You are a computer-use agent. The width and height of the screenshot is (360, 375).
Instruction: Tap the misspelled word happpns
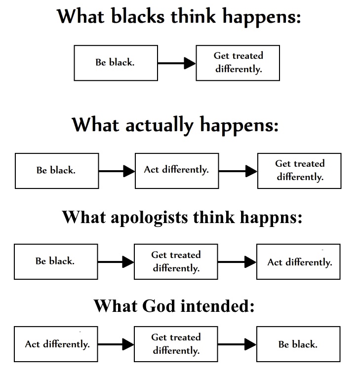click(271, 217)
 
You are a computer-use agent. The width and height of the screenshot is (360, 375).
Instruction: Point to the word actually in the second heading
click(158, 125)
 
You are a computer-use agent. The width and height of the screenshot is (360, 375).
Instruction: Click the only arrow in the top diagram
click(177, 63)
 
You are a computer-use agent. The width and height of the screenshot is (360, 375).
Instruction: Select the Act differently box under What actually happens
click(176, 170)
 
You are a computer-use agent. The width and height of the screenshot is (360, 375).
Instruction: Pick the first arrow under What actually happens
click(117, 171)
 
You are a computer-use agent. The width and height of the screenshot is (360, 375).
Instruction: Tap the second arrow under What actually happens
click(238, 171)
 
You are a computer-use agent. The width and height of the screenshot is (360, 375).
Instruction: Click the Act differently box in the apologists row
click(299, 262)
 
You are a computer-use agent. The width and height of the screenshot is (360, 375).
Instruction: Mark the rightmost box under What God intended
click(298, 344)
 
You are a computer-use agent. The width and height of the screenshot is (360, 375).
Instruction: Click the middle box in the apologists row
click(176, 262)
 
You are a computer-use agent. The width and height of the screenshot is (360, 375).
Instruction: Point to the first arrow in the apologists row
click(116, 262)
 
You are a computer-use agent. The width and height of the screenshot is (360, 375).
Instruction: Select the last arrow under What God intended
click(237, 344)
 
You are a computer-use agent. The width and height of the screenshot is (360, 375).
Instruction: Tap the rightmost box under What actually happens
click(299, 170)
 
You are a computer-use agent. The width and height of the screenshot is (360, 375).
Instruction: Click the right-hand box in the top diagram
click(238, 63)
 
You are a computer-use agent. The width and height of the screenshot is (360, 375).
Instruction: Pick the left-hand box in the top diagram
click(116, 63)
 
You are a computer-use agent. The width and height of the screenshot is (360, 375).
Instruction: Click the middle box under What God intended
click(176, 344)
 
